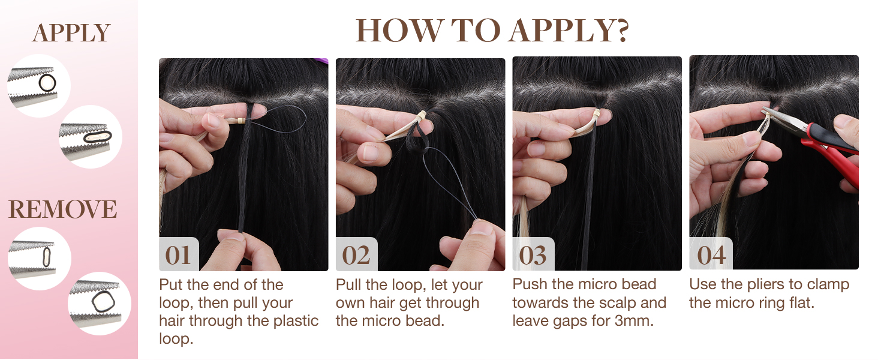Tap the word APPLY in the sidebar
[x=71, y=34]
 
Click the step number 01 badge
[x=178, y=256]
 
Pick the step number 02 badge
[x=356, y=256]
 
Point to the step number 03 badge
[x=533, y=256]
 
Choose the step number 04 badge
[x=711, y=256]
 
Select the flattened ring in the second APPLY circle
[x=95, y=137]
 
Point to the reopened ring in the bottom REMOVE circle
[x=99, y=304]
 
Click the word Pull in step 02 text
[x=349, y=284]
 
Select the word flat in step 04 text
[x=800, y=303]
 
